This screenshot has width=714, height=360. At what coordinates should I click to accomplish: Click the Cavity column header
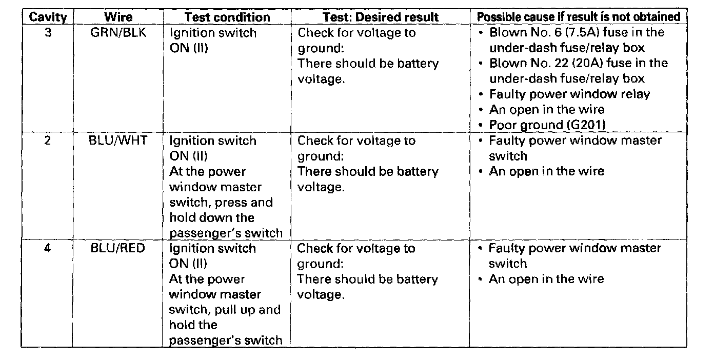48,17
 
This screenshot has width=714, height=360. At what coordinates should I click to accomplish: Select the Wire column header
118,17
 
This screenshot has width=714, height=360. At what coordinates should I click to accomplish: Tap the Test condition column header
227,17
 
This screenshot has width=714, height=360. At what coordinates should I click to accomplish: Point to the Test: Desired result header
381,17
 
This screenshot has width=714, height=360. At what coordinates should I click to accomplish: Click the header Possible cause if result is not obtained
578,17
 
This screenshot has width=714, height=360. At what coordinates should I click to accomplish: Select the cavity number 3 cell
48,33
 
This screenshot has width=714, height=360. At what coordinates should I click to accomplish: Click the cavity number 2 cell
48,141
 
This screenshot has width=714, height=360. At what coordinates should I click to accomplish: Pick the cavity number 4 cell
48,248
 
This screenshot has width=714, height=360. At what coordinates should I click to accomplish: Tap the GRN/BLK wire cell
118,33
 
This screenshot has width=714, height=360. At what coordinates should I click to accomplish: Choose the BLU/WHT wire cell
118,141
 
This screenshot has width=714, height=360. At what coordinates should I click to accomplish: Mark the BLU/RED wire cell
118,248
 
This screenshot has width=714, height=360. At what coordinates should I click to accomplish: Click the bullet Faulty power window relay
569,94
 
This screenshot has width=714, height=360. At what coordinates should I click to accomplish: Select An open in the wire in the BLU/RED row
546,279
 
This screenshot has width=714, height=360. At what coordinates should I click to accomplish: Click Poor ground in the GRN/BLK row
519,125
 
